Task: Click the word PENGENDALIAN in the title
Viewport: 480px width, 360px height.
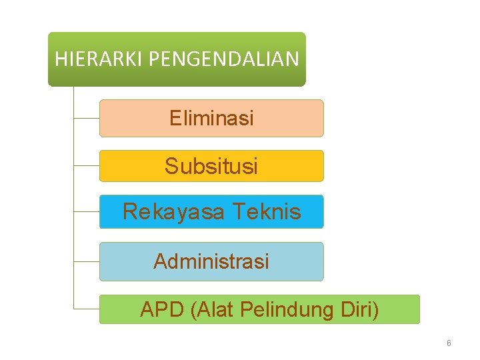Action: (x=223, y=59)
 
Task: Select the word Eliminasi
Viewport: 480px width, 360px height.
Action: (x=211, y=119)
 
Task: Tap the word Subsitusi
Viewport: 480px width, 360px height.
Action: (x=211, y=166)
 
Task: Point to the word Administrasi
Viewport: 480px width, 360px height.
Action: (x=211, y=261)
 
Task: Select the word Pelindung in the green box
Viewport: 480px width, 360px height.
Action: (x=297, y=310)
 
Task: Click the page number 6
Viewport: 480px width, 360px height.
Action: (x=449, y=343)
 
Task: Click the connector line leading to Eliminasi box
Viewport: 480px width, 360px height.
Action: (x=86, y=119)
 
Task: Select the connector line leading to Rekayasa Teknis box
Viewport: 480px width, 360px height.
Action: (x=86, y=212)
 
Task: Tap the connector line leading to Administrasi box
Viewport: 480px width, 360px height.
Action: (x=86, y=261)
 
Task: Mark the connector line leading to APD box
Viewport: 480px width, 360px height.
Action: (x=86, y=309)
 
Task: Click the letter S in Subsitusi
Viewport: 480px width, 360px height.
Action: (x=171, y=166)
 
